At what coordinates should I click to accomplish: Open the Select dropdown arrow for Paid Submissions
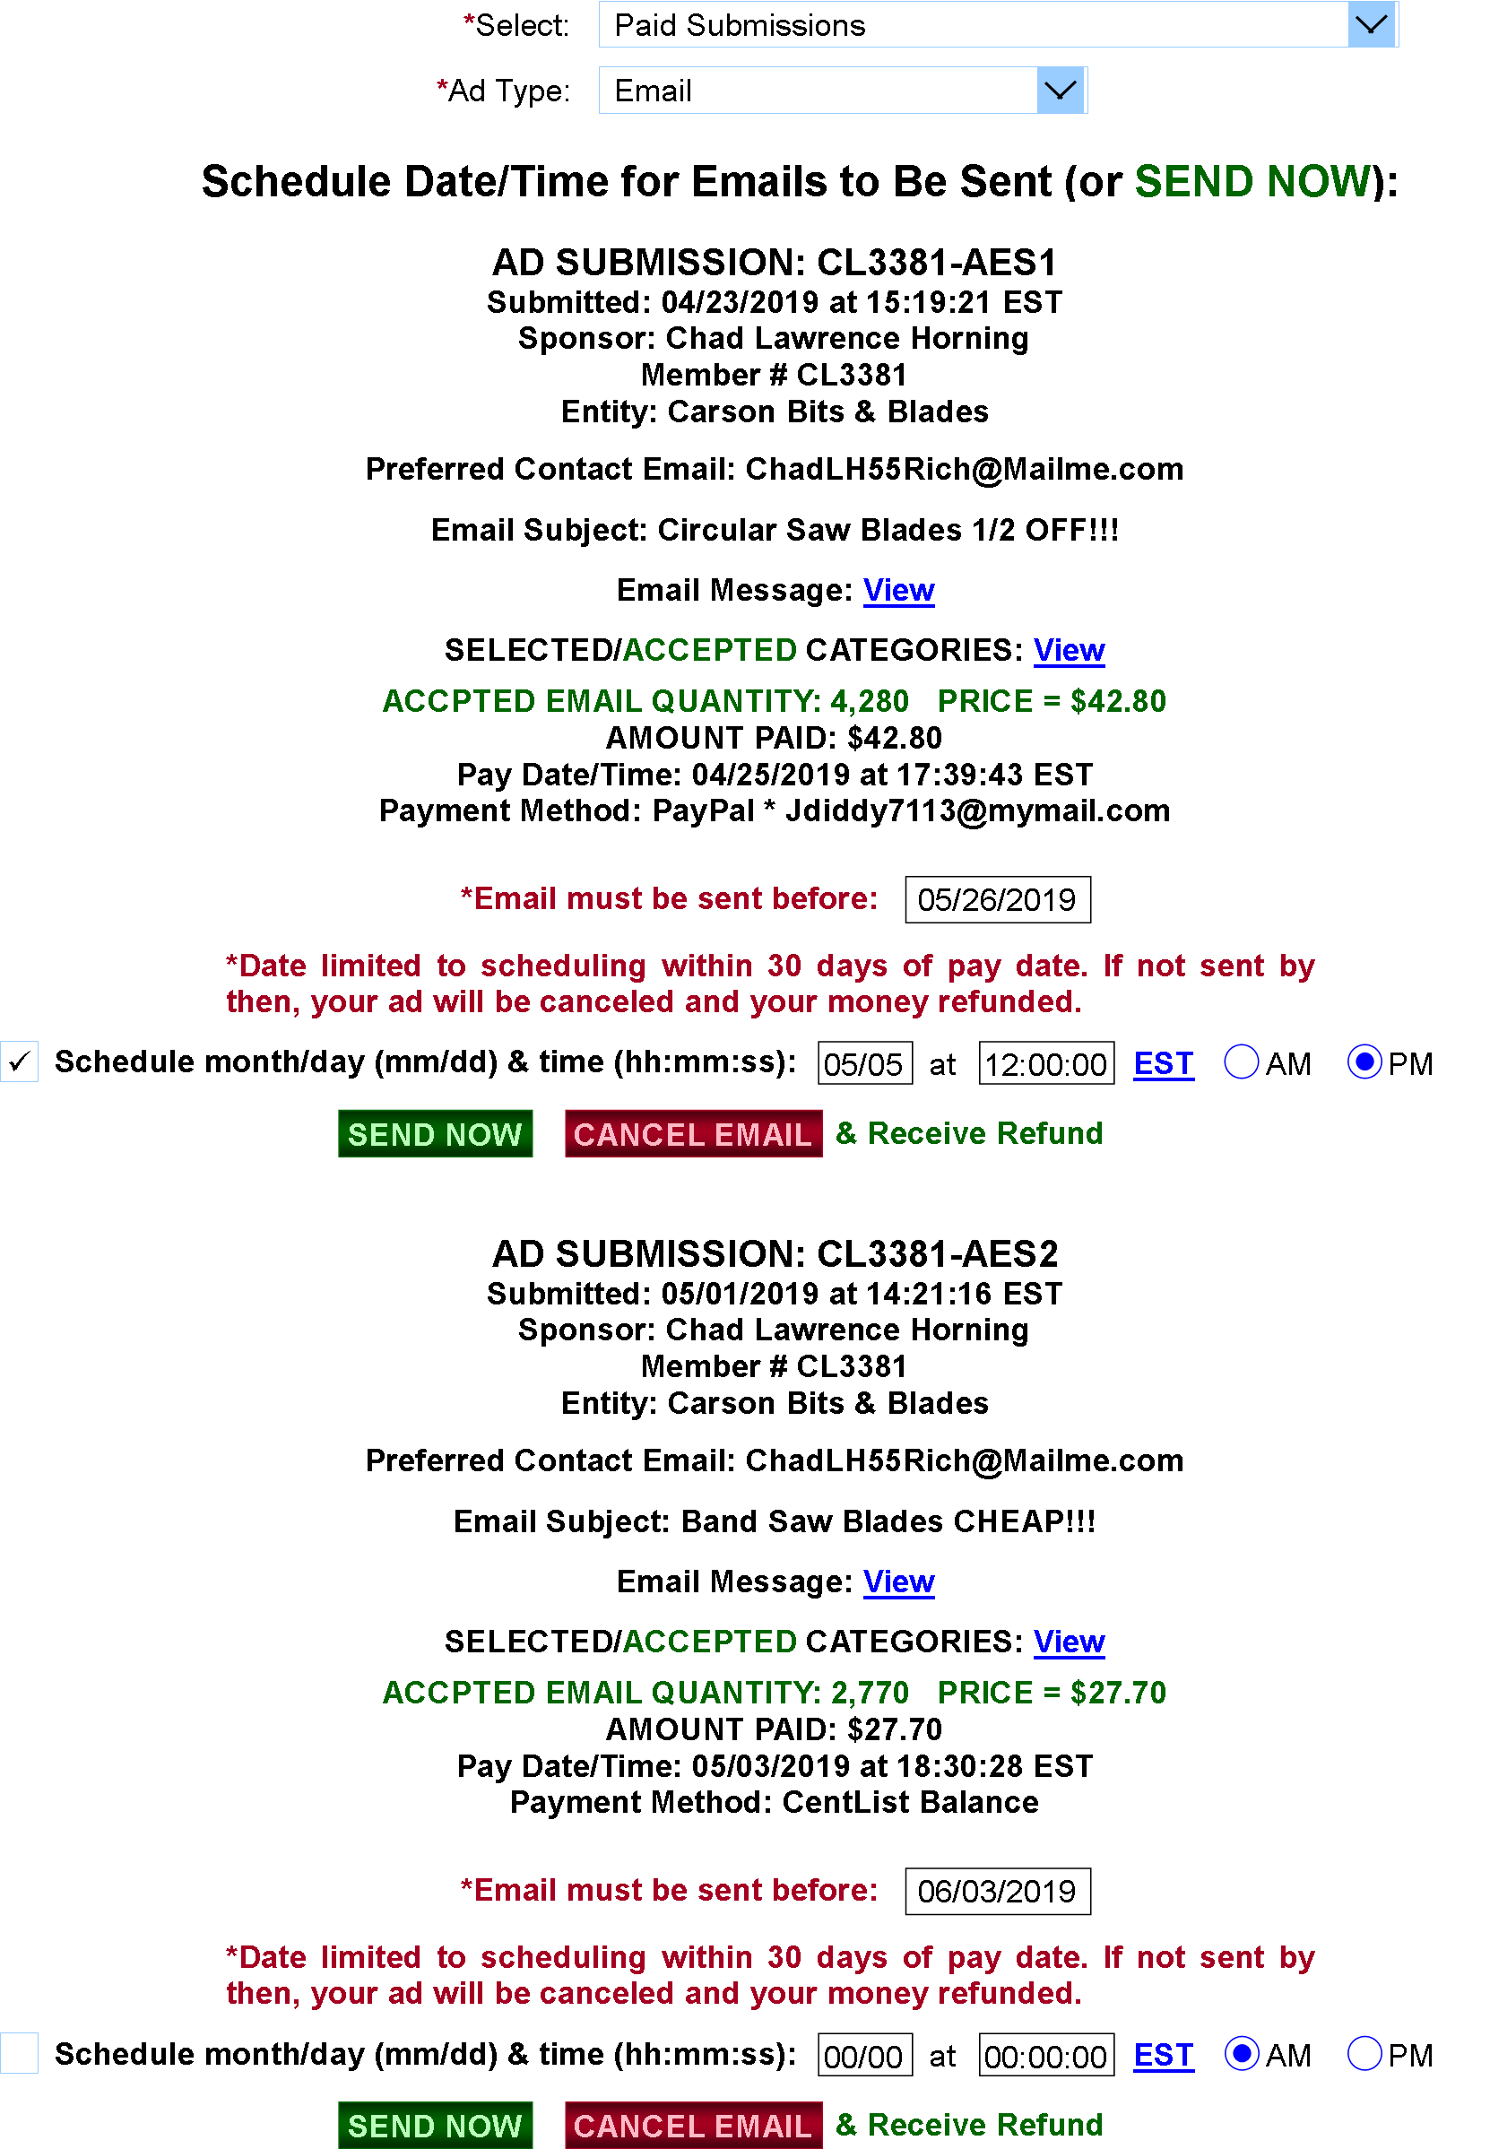[1371, 24]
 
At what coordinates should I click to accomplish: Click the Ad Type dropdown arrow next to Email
[1060, 91]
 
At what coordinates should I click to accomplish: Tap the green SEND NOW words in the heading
[1252, 181]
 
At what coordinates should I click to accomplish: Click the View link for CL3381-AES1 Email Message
[898, 590]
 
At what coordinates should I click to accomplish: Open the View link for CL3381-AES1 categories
[1069, 650]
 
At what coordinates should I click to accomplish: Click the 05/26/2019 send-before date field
[997, 899]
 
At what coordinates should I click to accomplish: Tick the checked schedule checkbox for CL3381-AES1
[20, 1062]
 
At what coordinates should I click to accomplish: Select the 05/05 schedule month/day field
[864, 1063]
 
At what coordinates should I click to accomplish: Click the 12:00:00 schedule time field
[1045, 1063]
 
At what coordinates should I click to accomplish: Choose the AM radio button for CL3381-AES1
[1241, 1062]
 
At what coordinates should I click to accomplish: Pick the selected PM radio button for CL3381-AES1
[1364, 1062]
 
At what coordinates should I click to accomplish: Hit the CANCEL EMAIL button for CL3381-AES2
[693, 2125]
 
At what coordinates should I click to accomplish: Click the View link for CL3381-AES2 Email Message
[898, 1581]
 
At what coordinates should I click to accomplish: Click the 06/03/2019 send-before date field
[997, 1891]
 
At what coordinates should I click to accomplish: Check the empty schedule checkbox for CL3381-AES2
[20, 2053]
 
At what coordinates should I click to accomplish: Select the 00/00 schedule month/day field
[864, 2055]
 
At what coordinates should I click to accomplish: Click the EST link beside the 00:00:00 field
[1164, 2055]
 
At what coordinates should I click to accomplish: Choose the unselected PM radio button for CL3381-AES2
[1364, 2054]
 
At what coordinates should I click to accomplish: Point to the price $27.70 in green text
[1119, 1693]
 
